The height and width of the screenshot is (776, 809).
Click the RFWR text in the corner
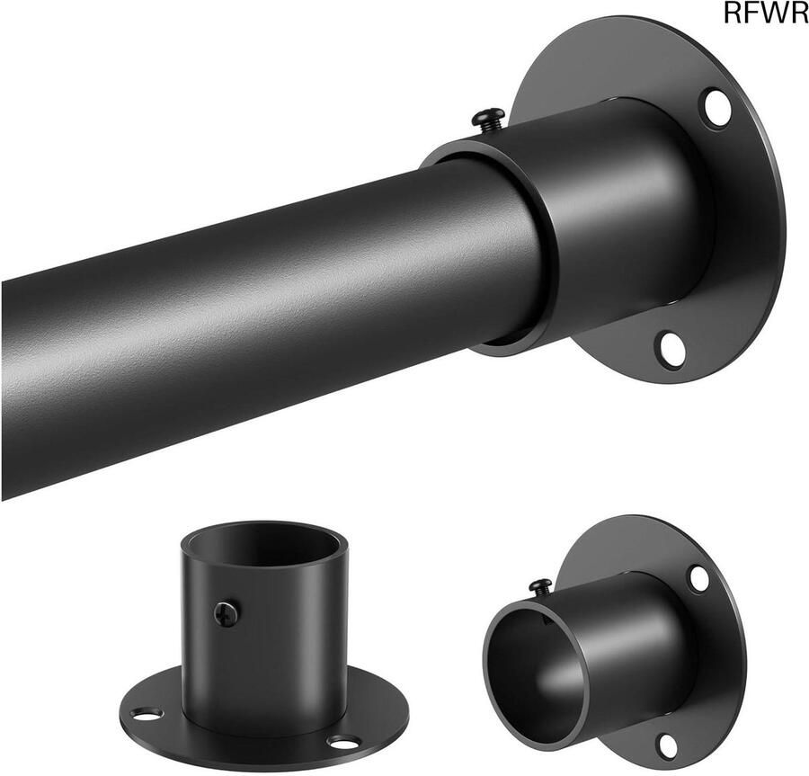(x=766, y=13)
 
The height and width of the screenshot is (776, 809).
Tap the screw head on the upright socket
(x=227, y=613)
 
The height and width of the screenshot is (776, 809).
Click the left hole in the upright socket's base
(x=147, y=714)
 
